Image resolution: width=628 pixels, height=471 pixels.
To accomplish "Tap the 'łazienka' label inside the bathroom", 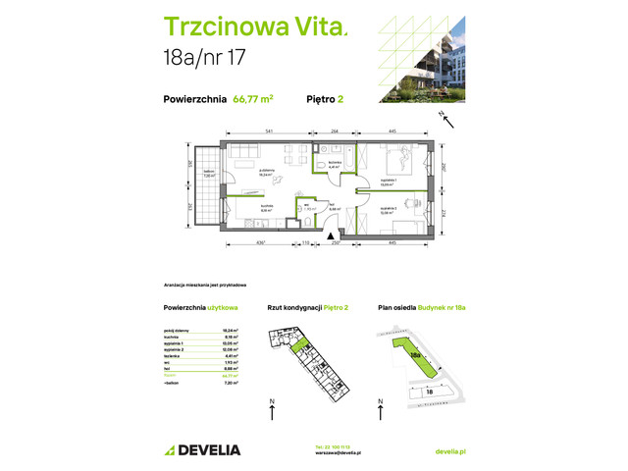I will point(334,163).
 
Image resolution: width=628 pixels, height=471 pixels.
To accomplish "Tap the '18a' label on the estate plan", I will point(414,354).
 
